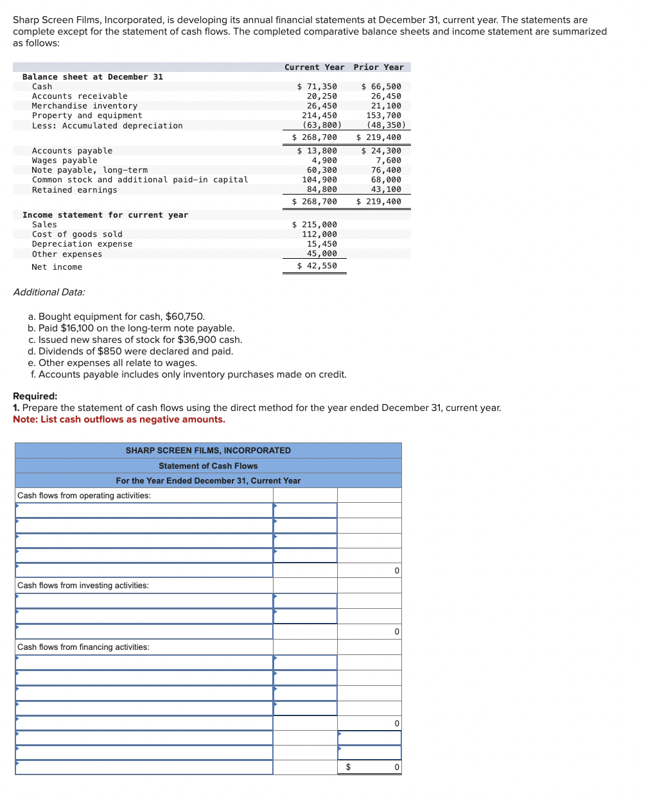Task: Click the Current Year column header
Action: (314, 67)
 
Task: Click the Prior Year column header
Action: (378, 67)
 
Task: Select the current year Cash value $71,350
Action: (317, 87)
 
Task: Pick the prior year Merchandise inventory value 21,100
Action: (386, 106)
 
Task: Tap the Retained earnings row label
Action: (74, 190)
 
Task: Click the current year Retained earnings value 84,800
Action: (322, 189)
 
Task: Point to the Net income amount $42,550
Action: (317, 266)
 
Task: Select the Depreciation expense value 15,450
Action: (322, 244)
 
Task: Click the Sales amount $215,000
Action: (315, 225)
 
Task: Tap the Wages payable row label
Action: (65, 161)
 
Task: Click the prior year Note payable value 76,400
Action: (386, 170)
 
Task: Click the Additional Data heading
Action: (49, 292)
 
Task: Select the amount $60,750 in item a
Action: (185, 317)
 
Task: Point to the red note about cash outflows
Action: (119, 419)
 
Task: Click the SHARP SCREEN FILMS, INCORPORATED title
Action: (208, 451)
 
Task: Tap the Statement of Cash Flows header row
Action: (208, 466)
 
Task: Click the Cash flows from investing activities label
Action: (83, 586)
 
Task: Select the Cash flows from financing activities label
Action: (83, 647)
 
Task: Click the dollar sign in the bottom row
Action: (348, 767)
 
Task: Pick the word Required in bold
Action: (35, 396)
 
